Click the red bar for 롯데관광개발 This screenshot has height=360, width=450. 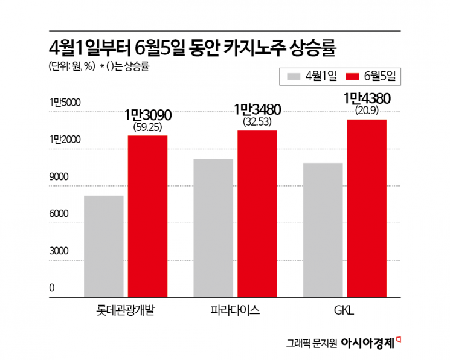[147, 216]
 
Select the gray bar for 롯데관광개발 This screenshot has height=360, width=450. [104, 246]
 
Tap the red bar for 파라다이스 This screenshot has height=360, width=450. [257, 214]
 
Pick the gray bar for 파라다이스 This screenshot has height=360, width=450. [213, 228]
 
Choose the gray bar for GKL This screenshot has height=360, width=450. [323, 230]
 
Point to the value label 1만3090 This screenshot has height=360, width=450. [148, 114]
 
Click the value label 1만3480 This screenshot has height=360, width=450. [257, 109]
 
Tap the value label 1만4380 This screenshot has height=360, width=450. [367, 98]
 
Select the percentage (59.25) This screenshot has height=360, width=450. [148, 127]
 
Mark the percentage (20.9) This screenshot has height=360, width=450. [367, 110]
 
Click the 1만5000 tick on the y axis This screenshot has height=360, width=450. [65, 103]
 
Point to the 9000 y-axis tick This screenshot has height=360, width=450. [59, 177]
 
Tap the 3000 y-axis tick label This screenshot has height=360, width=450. [59, 251]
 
